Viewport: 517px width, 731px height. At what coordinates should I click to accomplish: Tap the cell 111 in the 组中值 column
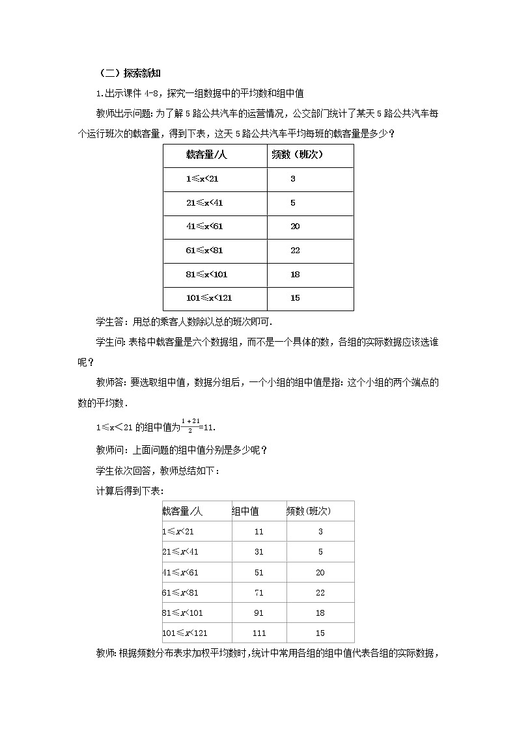click(259, 633)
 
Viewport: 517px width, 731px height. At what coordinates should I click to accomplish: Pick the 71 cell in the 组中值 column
click(259, 592)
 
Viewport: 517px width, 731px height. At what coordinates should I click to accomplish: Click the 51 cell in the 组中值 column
click(259, 572)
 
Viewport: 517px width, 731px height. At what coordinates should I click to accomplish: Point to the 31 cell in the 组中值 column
click(259, 552)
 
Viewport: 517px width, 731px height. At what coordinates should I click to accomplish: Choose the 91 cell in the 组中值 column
click(259, 613)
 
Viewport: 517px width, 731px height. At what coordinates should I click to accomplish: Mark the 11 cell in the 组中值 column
click(259, 531)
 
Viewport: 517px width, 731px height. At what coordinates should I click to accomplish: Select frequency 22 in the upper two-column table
click(295, 251)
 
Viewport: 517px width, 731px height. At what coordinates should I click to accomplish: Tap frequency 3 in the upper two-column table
click(293, 178)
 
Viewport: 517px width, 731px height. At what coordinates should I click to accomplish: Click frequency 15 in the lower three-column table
click(320, 633)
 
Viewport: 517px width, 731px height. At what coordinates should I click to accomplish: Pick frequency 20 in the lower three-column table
click(320, 572)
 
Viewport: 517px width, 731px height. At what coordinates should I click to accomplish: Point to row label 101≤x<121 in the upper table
click(209, 298)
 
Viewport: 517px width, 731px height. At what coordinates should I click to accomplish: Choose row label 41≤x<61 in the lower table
click(179, 572)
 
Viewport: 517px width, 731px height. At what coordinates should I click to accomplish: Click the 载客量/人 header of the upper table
click(206, 155)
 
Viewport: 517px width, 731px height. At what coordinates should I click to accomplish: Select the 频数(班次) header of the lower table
click(309, 511)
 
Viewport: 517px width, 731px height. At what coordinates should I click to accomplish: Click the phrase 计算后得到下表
click(128, 490)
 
